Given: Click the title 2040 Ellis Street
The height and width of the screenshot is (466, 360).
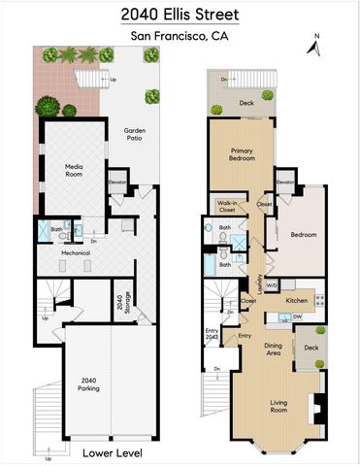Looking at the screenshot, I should pyautogui.click(x=180, y=16).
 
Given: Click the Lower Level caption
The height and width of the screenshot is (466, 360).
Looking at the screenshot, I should pyautogui.click(x=107, y=452).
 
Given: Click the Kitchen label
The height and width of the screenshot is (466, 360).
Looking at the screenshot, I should pyautogui.click(x=297, y=300).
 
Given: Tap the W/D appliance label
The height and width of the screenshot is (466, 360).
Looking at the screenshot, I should pyautogui.click(x=273, y=285).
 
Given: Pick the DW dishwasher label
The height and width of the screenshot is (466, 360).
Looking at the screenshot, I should pyautogui.click(x=297, y=316).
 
